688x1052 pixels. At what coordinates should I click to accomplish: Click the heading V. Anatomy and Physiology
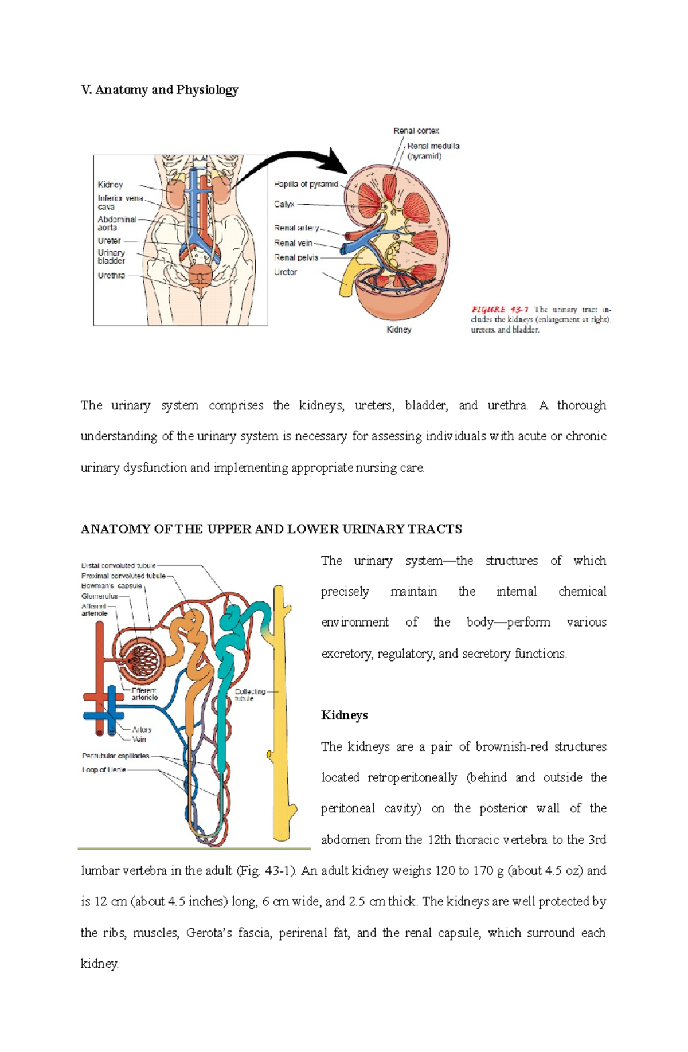(159, 90)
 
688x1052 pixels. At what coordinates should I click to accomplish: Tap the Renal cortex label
(416, 131)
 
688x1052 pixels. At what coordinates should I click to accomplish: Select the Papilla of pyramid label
(306, 185)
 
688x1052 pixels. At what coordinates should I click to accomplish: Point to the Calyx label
(284, 204)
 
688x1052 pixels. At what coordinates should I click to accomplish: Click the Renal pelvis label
(296, 258)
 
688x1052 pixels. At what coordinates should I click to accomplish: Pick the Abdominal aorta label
(116, 224)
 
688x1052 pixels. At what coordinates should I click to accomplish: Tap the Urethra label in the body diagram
(111, 276)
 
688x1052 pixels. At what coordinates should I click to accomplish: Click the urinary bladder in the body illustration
(201, 275)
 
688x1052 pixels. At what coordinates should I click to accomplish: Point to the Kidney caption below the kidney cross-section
(398, 330)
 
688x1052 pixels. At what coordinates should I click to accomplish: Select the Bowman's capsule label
(112, 586)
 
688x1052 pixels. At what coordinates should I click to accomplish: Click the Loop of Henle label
(104, 769)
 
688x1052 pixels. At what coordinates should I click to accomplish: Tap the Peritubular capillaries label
(115, 756)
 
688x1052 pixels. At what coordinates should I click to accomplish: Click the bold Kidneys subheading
(344, 715)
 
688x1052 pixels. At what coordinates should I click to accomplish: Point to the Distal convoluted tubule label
(118, 565)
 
